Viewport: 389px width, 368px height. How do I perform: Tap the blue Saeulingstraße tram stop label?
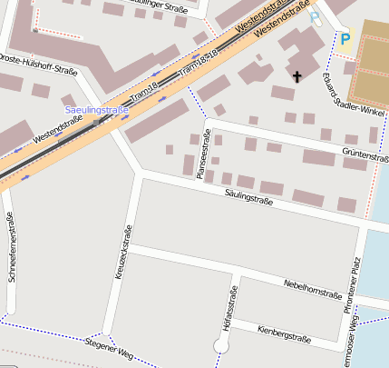pyautogui.click(x=95, y=110)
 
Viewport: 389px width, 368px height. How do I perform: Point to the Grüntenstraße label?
pyautogui.click(x=365, y=156)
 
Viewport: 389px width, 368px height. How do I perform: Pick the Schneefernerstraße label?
pyautogui.click(x=11, y=247)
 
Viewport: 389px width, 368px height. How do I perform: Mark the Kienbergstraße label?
pyautogui.click(x=284, y=333)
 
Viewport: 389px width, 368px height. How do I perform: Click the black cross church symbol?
pyautogui.click(x=297, y=78)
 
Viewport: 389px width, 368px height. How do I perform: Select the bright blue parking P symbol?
pyautogui.click(x=345, y=38)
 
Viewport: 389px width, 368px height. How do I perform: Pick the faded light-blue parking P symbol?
pyautogui.click(x=315, y=17)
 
